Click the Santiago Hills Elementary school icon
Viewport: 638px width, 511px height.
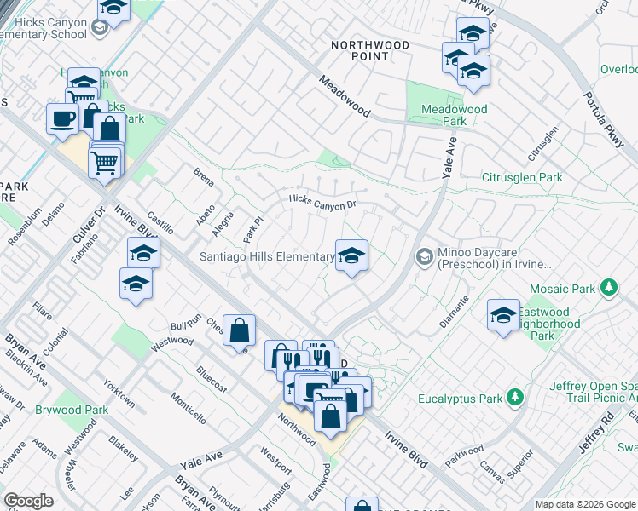pyautogui.click(x=351, y=255)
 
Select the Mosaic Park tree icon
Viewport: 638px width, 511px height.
pyautogui.click(x=608, y=288)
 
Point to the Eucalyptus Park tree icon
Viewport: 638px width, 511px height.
pyautogui.click(x=514, y=397)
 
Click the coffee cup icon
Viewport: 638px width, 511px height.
pyautogui.click(x=62, y=118)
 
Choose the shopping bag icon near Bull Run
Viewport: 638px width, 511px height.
pyautogui.click(x=240, y=330)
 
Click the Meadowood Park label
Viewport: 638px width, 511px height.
pyautogui.click(x=455, y=115)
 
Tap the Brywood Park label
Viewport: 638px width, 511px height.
pyautogui.click(x=72, y=410)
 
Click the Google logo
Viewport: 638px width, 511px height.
pyautogui.click(x=28, y=501)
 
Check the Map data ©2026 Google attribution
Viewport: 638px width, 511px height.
pyautogui.click(x=584, y=504)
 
